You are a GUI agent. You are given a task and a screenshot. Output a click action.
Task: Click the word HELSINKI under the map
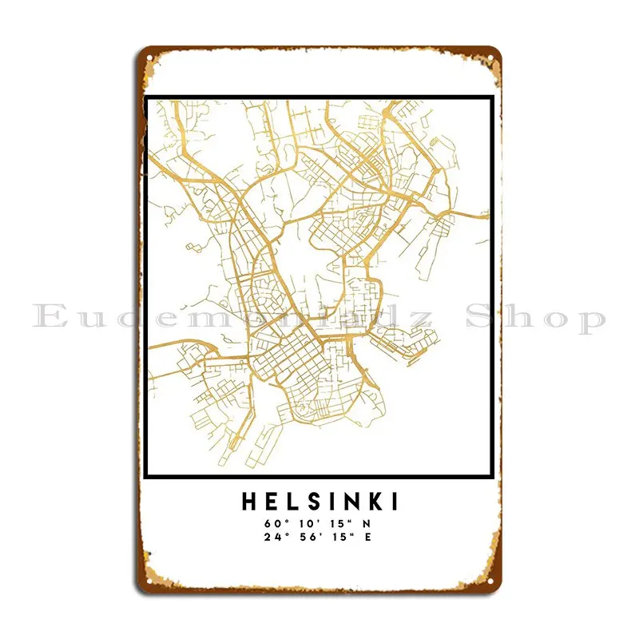319,502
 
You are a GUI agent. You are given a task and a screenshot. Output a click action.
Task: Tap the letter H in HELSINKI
248,502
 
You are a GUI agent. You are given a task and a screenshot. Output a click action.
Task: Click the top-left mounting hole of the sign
150,60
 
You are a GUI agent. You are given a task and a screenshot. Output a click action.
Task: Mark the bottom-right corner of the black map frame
491,477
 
